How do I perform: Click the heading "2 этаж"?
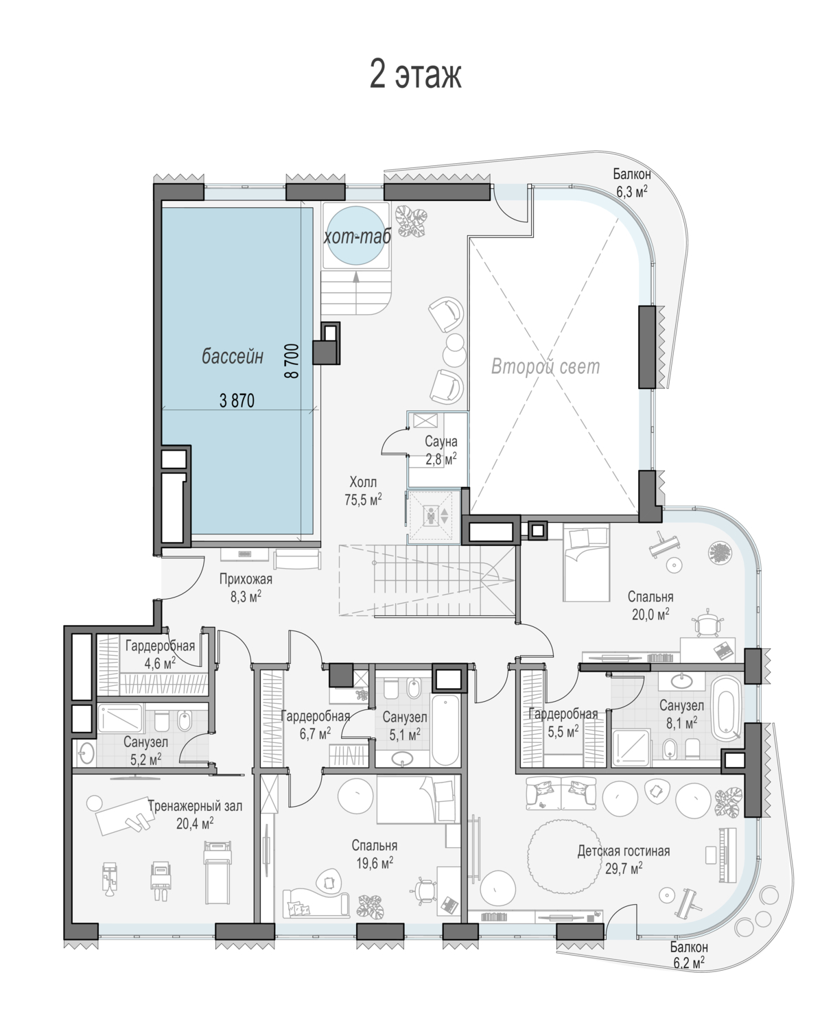416,74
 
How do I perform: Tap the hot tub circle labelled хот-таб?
355,235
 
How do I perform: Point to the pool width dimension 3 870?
237,401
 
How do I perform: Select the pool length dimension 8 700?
292,360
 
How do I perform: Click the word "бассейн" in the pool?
233,357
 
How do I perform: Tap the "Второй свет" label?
545,367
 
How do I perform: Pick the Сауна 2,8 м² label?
441,450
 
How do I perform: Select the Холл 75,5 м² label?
363,490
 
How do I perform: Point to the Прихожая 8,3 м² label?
246,587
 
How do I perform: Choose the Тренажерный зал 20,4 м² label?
195,815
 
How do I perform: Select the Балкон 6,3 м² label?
632,182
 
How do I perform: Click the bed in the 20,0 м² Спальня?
586,563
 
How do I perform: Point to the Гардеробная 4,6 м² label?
160,654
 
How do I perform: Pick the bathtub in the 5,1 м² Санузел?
445,730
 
